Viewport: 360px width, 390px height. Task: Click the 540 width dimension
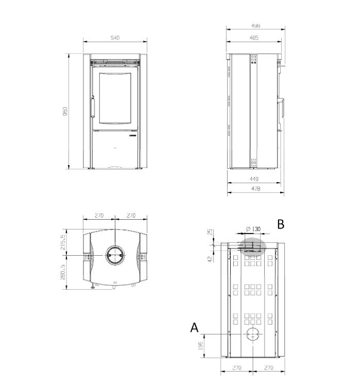[x=115, y=38]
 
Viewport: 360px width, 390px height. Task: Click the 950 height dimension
[x=65, y=111]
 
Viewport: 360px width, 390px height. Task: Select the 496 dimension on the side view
[x=255, y=26]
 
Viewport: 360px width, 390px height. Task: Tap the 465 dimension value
[x=254, y=38]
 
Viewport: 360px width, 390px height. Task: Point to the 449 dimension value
[x=254, y=179]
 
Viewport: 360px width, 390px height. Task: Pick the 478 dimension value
[x=255, y=189]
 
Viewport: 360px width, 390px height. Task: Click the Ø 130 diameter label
[x=253, y=229]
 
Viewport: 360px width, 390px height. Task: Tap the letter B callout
[x=281, y=224]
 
